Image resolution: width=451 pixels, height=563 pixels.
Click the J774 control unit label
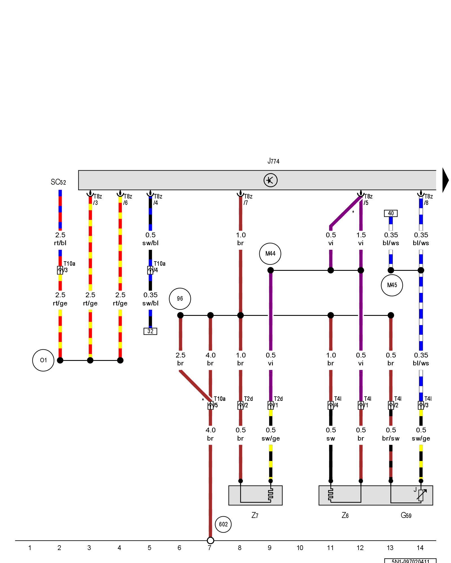273,161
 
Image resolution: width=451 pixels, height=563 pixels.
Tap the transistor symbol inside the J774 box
270,180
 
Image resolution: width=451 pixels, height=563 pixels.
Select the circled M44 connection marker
270,254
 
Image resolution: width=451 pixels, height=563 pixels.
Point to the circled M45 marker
392,285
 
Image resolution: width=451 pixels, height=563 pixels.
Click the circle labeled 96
180,299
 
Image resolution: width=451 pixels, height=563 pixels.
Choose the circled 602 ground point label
223,524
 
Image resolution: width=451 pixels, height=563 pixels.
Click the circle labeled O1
43,360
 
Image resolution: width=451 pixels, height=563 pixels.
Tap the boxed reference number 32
150,331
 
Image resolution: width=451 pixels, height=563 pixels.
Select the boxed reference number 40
391,213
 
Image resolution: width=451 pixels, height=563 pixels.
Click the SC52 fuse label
58,182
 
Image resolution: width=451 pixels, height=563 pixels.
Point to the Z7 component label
255,515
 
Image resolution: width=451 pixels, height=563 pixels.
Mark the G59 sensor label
406,515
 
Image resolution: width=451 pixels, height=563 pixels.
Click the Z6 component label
345,515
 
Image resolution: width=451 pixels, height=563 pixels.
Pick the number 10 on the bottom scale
300,548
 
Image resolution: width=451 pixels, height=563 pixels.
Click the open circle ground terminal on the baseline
210,540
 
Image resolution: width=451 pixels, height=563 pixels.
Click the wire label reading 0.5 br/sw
391,434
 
